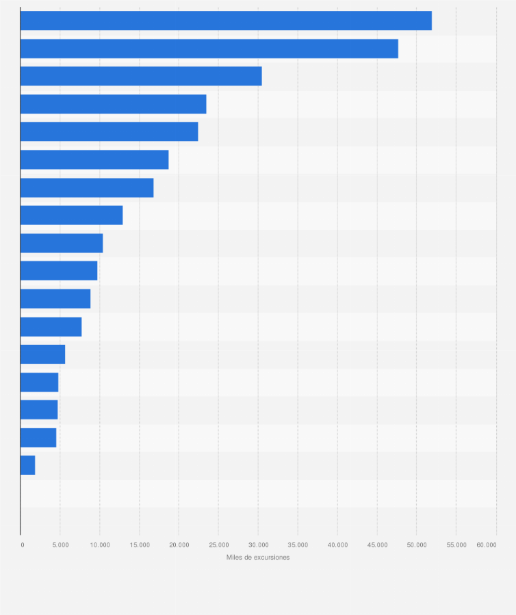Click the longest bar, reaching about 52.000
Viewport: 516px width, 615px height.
[226, 21]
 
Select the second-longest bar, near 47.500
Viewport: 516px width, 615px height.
[209, 49]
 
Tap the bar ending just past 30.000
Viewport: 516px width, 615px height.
[141, 77]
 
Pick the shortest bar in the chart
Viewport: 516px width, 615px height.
[27, 465]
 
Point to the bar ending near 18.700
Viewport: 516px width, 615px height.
[94, 159]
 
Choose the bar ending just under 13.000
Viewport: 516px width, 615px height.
[71, 215]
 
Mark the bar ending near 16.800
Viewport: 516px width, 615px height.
[87, 187]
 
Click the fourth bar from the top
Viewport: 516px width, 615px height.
[113, 104]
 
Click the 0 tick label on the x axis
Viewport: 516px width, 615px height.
[22, 545]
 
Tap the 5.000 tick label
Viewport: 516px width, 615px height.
[60, 545]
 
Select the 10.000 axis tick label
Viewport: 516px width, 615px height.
[100, 545]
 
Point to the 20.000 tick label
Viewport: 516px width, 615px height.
[179, 545]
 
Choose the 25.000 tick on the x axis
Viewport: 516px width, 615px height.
[218, 545]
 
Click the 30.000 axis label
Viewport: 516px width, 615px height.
[258, 545]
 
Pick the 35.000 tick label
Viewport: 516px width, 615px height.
[298, 545]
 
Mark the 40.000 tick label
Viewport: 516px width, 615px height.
[337, 545]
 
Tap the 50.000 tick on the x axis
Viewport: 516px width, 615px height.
[417, 545]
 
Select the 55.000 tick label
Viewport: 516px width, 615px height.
[456, 545]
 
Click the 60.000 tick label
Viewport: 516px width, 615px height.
[487, 545]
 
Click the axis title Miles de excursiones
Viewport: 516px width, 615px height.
[258, 558]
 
